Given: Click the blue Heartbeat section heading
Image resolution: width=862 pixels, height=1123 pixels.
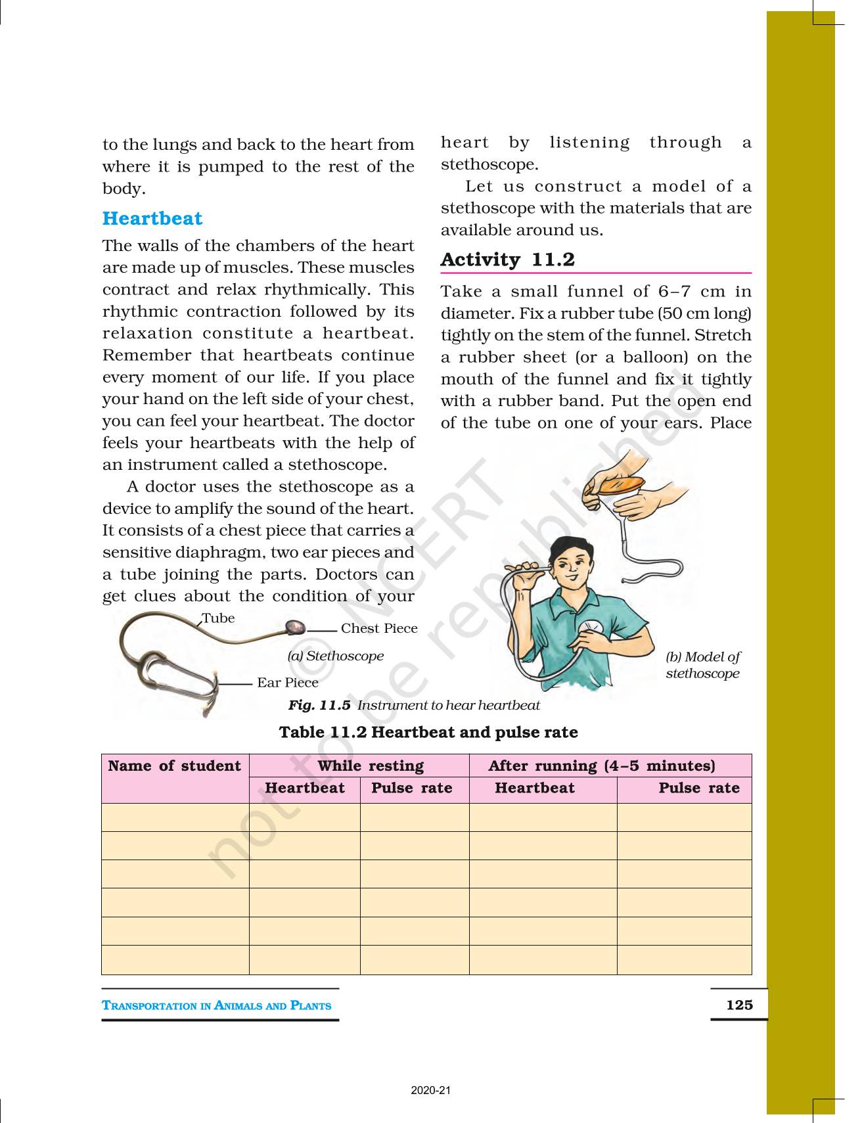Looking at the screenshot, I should click(x=152, y=219).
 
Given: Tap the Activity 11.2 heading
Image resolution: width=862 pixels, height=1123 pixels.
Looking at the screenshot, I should click(x=507, y=260).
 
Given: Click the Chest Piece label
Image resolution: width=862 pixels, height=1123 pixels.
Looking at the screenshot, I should click(x=378, y=628).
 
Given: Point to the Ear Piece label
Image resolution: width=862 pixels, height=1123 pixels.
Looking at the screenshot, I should click(x=287, y=683).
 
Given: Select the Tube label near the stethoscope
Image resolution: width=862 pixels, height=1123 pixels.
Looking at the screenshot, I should click(x=218, y=618).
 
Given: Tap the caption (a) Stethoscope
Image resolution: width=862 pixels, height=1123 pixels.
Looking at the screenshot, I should click(x=335, y=656).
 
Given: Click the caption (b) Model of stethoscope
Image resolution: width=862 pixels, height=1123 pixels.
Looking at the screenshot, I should click(x=702, y=665).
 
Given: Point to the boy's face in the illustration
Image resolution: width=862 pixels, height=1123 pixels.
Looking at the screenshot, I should click(x=570, y=565).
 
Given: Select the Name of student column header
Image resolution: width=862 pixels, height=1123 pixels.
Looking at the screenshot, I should click(x=175, y=766).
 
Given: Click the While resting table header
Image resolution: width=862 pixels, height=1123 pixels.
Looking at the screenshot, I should click(x=371, y=766).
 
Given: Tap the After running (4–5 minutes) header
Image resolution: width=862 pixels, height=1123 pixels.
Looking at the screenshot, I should click(x=601, y=766).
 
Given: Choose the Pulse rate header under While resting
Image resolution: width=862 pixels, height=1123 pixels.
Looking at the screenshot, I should click(x=412, y=789).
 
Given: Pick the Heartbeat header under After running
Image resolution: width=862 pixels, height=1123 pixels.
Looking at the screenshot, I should click(x=534, y=789).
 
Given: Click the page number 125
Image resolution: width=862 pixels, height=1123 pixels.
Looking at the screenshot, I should click(x=739, y=1005).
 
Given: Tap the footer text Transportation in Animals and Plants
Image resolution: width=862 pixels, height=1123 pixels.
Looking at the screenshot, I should click(x=217, y=1005).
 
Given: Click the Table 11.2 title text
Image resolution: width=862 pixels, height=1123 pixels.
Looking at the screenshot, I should click(x=428, y=733).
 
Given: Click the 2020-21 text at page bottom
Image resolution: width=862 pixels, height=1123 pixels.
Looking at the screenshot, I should click(x=431, y=1091).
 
